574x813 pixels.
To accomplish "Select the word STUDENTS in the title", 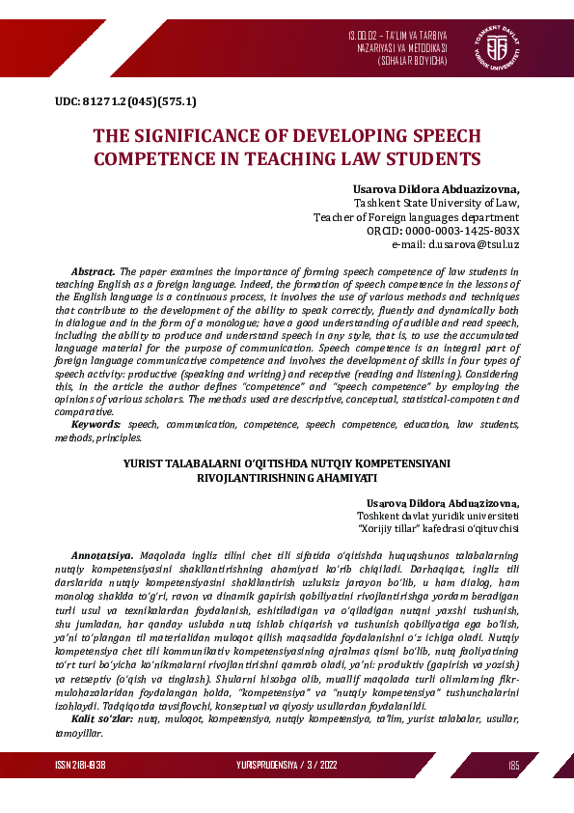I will pyautogui.click(x=432, y=157).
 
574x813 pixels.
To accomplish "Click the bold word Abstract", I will pyautogui.click(x=94, y=272).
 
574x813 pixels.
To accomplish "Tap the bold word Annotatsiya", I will pyautogui.click(x=102, y=557).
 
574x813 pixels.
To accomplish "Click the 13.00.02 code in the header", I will pyautogui.click(x=365, y=36).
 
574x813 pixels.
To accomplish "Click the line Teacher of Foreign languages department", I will pyautogui.click(x=417, y=217).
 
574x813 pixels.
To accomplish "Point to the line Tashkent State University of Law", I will pyautogui.click(x=437, y=204).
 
